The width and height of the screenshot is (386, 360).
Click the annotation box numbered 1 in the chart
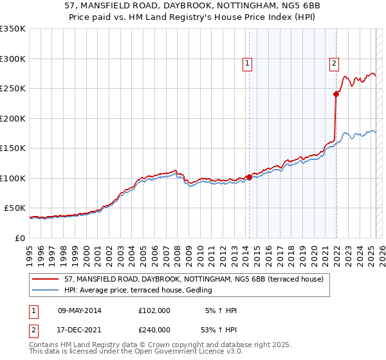(248, 63)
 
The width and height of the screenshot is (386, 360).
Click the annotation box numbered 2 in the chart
(335, 63)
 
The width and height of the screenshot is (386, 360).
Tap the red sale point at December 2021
(336, 94)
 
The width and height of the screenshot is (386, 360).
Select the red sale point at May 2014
(249, 177)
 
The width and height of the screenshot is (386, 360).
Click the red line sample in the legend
(46, 278)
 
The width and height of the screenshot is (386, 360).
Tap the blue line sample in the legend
(46, 290)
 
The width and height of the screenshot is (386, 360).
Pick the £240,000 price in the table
(154, 330)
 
